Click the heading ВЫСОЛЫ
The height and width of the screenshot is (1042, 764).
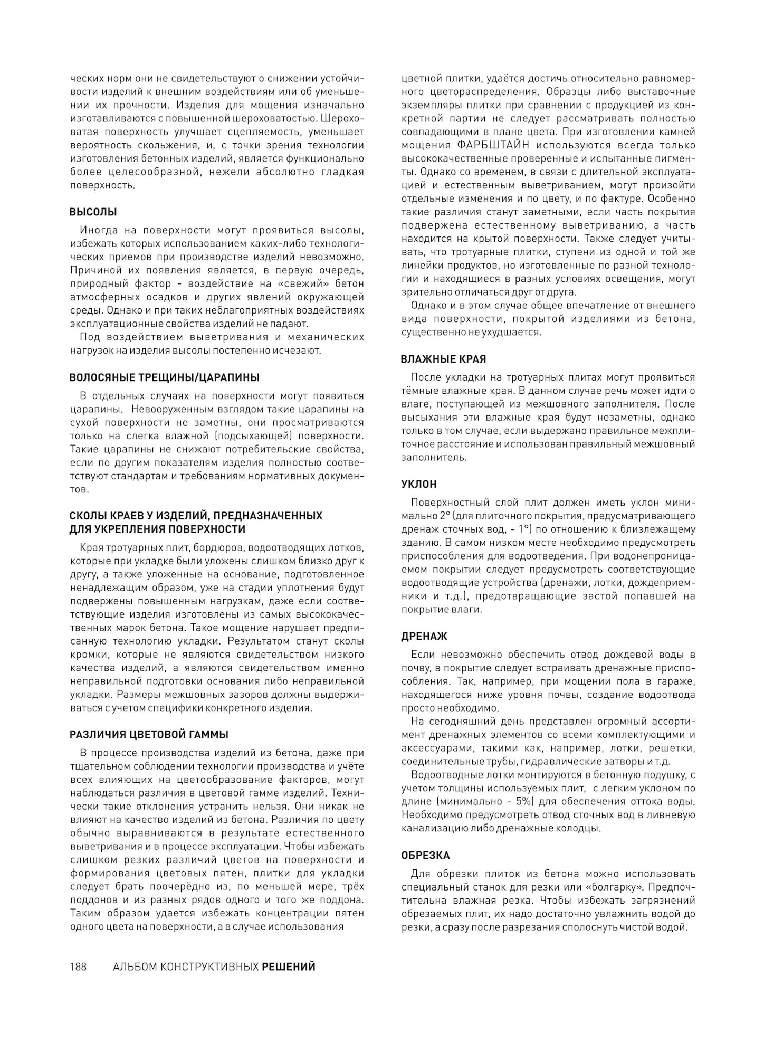pyautogui.click(x=93, y=212)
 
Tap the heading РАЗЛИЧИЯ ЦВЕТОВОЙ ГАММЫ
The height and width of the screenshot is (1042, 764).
pyautogui.click(x=149, y=734)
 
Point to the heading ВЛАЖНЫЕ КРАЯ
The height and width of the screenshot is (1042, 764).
pyautogui.click(x=443, y=359)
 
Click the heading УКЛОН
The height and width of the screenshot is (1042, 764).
pyautogui.click(x=419, y=484)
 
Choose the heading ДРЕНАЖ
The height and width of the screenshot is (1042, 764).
pyautogui.click(x=424, y=637)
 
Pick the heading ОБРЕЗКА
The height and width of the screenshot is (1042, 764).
pyautogui.click(x=425, y=855)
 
